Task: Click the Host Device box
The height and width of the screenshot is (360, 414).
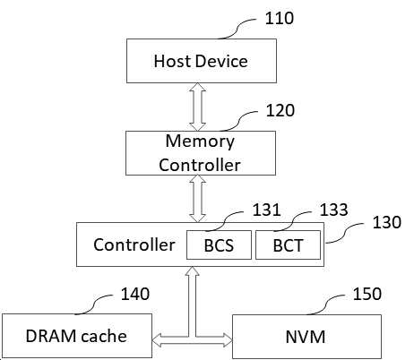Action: point(202,61)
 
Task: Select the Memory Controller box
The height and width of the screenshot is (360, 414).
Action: point(201,153)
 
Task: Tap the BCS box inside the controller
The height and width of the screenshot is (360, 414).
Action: point(219,244)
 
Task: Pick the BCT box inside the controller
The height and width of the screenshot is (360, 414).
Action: point(288,244)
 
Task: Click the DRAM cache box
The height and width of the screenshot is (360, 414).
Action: point(77,336)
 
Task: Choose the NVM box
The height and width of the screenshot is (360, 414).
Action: point(306,337)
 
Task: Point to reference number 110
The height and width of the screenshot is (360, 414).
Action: point(280,18)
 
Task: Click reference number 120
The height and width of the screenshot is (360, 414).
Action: point(280,110)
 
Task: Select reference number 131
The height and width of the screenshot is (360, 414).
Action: point(267,210)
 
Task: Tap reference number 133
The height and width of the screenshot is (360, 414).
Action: point(333,210)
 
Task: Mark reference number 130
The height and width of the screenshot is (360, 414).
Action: point(387,222)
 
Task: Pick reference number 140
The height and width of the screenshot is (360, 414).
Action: point(135,294)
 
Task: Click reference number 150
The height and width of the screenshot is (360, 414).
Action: point(367,294)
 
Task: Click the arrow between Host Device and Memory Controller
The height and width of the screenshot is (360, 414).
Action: point(197,107)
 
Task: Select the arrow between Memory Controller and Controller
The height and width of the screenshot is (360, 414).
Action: point(197,199)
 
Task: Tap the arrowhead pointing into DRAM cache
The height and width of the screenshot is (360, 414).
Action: point(157,340)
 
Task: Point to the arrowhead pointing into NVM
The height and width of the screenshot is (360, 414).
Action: point(228,340)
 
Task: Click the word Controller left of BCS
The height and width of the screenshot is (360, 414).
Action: point(134,245)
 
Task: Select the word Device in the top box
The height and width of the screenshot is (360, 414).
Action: point(222,61)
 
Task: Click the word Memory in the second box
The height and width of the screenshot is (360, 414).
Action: point(200,141)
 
